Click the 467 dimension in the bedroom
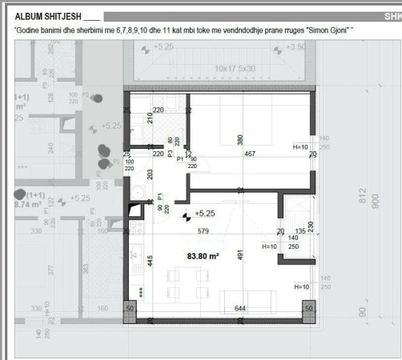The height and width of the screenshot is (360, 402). [250, 154]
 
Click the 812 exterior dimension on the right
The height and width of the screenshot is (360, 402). [363, 197]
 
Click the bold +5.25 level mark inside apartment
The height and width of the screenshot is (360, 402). [204, 214]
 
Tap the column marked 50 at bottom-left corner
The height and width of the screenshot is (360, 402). [131, 308]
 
